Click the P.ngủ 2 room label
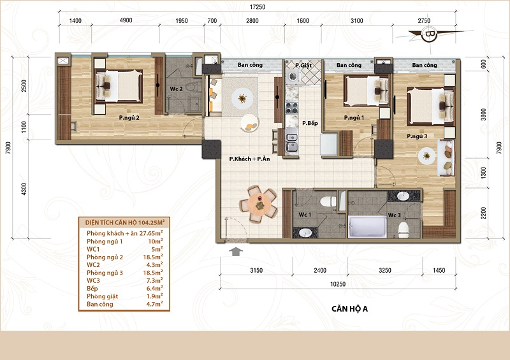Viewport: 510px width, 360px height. (x=129, y=118)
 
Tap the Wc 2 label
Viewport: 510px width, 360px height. (x=176, y=89)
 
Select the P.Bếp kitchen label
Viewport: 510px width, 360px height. (x=310, y=123)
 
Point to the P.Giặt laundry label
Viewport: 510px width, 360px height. (x=303, y=65)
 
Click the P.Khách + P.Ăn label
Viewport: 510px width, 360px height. (x=249, y=159)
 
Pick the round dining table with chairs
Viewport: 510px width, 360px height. (x=259, y=205)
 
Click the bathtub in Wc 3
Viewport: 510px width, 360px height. (x=368, y=227)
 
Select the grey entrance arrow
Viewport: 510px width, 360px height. (x=236, y=252)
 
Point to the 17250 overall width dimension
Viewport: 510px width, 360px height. (x=258, y=7)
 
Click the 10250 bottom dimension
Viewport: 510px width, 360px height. (x=338, y=284)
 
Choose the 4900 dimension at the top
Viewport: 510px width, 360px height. (x=126, y=20)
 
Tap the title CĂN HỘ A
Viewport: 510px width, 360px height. (x=349, y=308)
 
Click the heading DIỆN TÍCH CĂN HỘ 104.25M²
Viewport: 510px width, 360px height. (x=124, y=222)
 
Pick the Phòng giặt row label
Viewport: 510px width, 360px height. (x=102, y=296)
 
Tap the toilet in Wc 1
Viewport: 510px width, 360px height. (x=328, y=201)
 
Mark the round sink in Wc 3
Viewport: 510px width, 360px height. (x=404, y=196)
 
